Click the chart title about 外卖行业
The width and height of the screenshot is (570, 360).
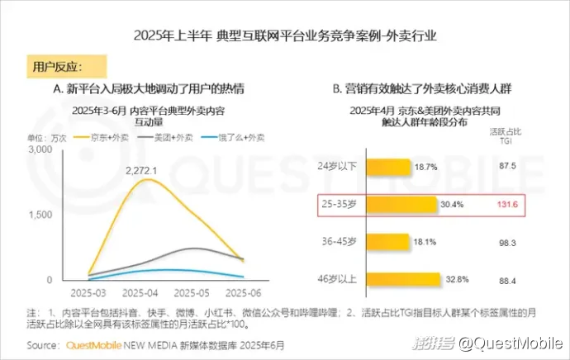tap(284, 36)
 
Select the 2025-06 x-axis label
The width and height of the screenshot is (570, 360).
tap(245, 292)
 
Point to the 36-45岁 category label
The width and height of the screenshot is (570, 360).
tap(339, 242)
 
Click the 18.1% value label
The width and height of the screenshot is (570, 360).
tap(425, 242)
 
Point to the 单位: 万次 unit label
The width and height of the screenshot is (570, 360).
tap(47, 136)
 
